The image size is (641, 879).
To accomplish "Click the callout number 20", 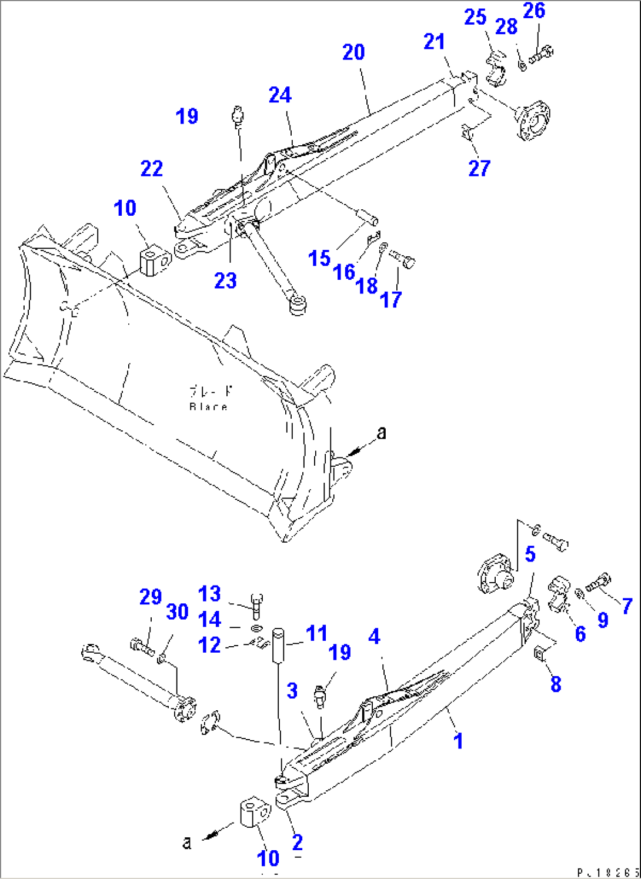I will click(353, 52).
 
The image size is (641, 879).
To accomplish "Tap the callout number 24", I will click(280, 95).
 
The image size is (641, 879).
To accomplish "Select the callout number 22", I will click(152, 169).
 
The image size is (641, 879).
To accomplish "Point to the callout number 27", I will click(479, 169).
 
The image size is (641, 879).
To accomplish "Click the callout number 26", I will click(534, 11).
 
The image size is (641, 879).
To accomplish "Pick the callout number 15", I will click(319, 259).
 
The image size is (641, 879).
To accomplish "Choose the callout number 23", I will click(225, 281).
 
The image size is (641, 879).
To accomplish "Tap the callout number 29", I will click(151, 597).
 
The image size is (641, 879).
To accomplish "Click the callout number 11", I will click(316, 634).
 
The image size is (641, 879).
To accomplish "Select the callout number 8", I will click(556, 684).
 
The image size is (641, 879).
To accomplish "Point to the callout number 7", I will click(627, 606).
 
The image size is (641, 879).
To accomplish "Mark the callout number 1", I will click(459, 741).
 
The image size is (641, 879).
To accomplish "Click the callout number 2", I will click(298, 843).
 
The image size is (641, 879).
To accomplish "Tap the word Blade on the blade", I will click(208, 407).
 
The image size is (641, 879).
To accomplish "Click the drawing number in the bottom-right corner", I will click(607, 873).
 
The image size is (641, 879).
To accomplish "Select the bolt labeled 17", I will click(403, 259).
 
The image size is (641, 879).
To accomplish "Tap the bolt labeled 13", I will click(256, 606).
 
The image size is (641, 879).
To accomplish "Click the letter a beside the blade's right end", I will click(382, 433).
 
